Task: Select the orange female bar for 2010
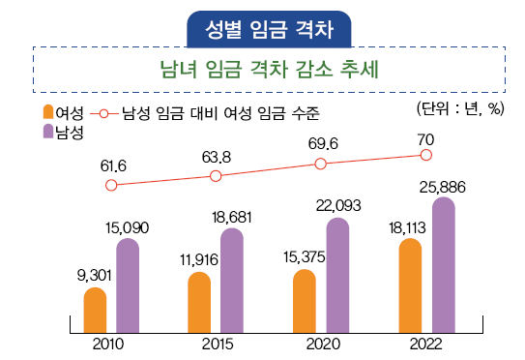pos(95,310)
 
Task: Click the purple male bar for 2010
pos(128,285)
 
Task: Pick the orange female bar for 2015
pos(199,302)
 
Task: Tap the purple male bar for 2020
pos(337,275)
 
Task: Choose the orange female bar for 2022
pos(410,285)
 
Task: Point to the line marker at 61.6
pos(111,185)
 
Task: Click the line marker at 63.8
pos(216,175)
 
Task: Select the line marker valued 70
pos(426,154)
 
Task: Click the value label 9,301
pos(95,275)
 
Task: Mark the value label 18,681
pos(232,217)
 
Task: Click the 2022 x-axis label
pos(426,345)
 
